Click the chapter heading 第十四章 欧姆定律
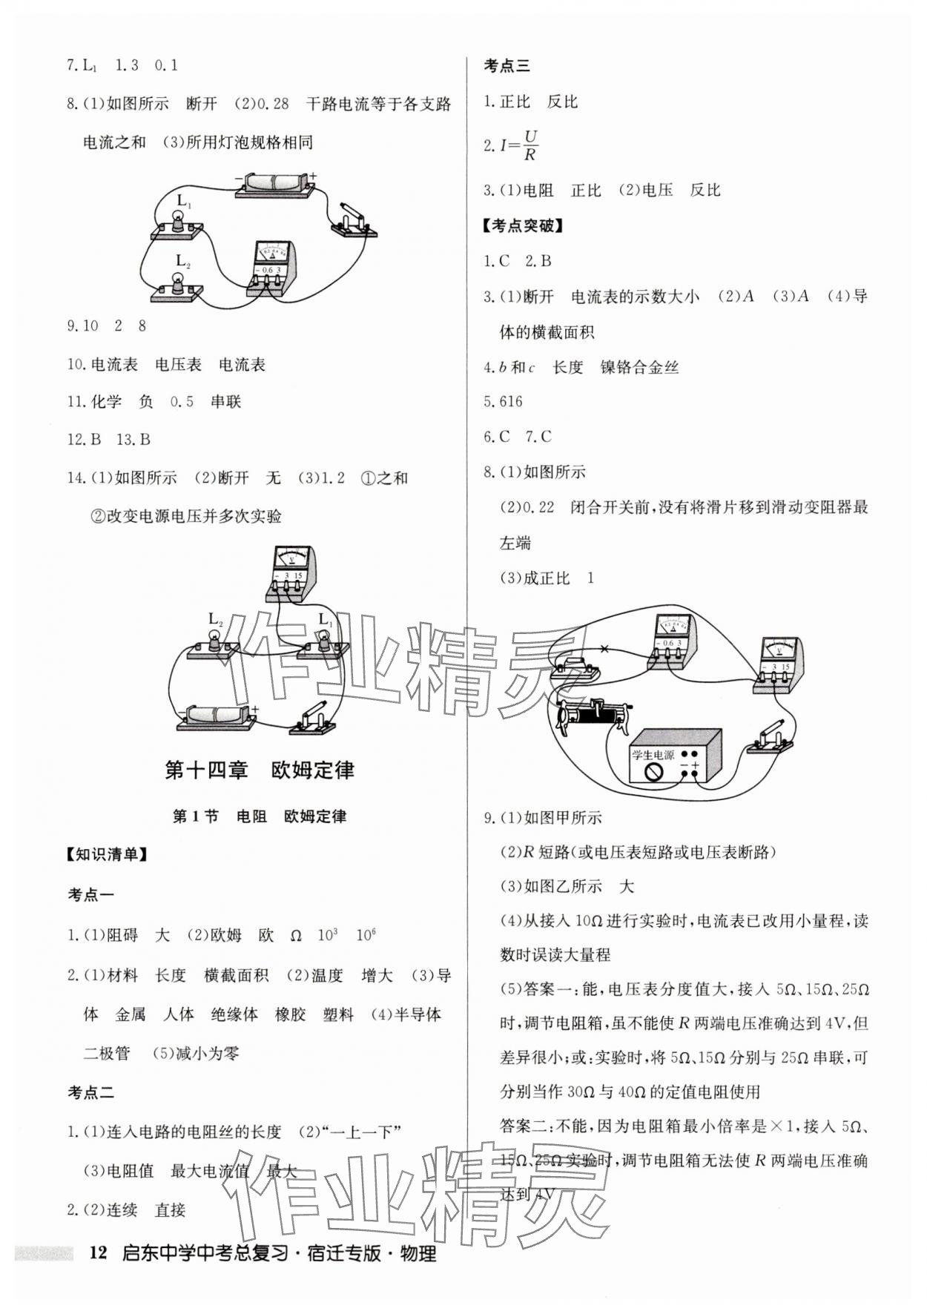tap(259, 770)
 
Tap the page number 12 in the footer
tap(98, 1252)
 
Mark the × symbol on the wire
tap(604, 650)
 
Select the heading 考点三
tap(507, 66)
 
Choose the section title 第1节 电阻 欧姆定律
tap(259, 816)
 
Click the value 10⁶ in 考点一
tap(365, 935)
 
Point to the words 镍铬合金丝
tap(639, 367)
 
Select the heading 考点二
tap(91, 1092)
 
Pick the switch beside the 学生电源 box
tap(769, 739)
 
